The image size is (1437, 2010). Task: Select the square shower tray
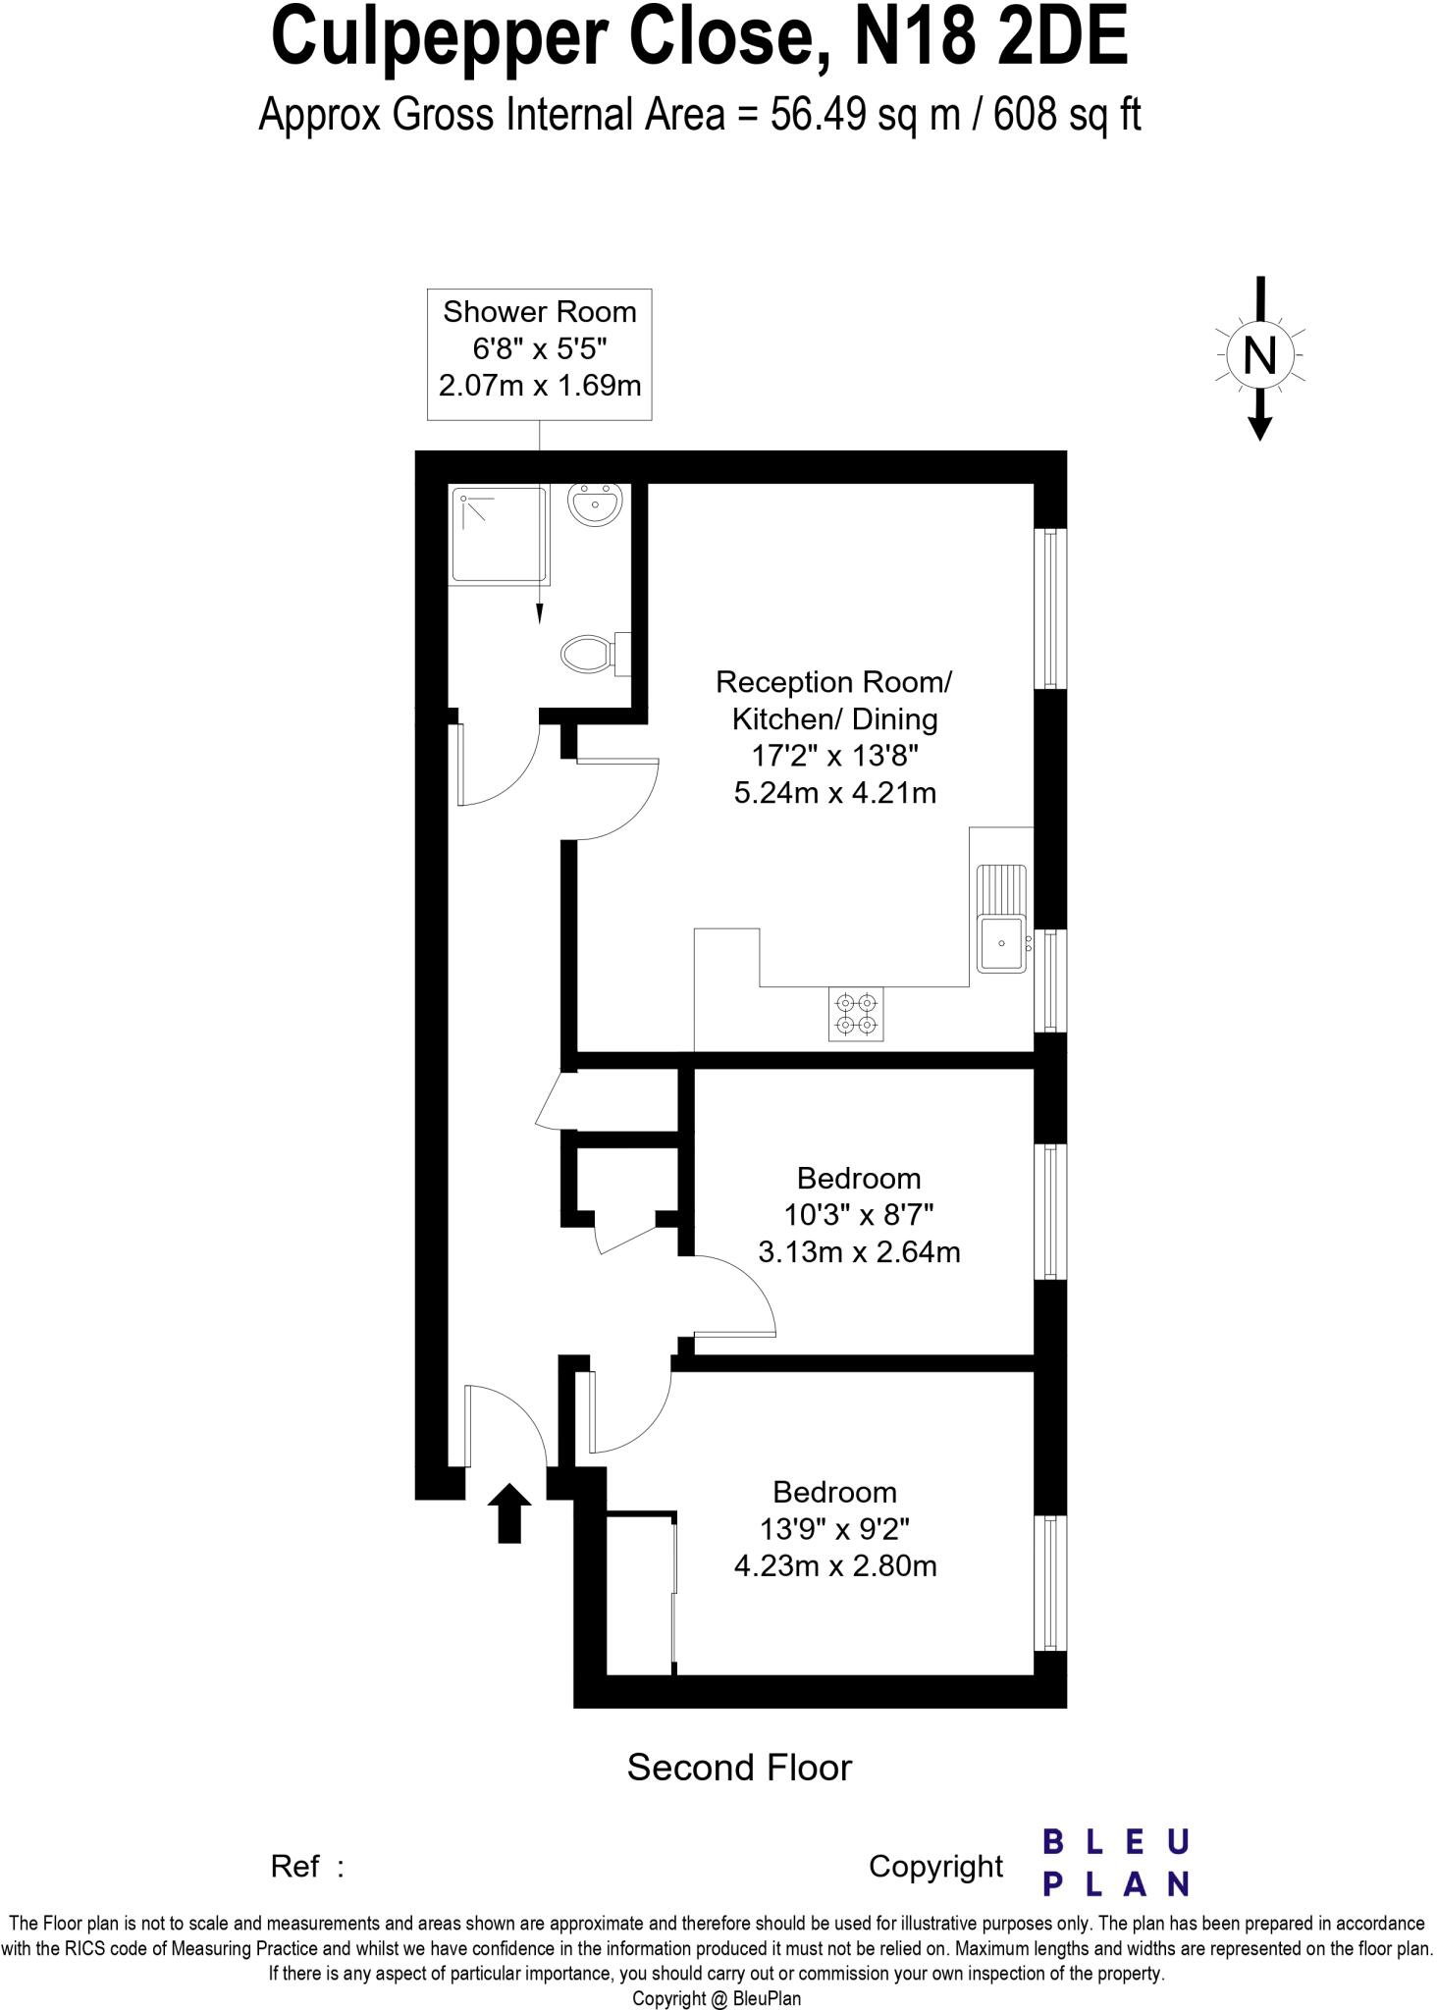tap(498, 536)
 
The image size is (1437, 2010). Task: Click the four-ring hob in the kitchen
tap(855, 1014)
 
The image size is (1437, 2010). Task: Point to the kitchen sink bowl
tap(1000, 943)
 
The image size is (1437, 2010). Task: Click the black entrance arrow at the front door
tap(509, 1512)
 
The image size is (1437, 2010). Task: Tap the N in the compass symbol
tap(1259, 355)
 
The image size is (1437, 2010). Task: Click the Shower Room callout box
tap(540, 353)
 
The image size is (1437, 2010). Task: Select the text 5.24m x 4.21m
tap(834, 793)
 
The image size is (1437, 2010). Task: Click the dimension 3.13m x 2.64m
tap(859, 1252)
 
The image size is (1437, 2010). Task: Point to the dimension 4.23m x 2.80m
tap(835, 1565)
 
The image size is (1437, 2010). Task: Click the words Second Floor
tap(739, 1768)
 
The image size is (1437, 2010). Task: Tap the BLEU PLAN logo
tap(1115, 1863)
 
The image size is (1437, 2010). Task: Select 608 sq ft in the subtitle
tap(1067, 116)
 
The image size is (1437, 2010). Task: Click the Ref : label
tap(307, 1866)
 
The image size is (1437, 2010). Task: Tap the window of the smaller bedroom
tap(1050, 1210)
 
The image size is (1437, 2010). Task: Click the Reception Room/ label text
tap(833, 681)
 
